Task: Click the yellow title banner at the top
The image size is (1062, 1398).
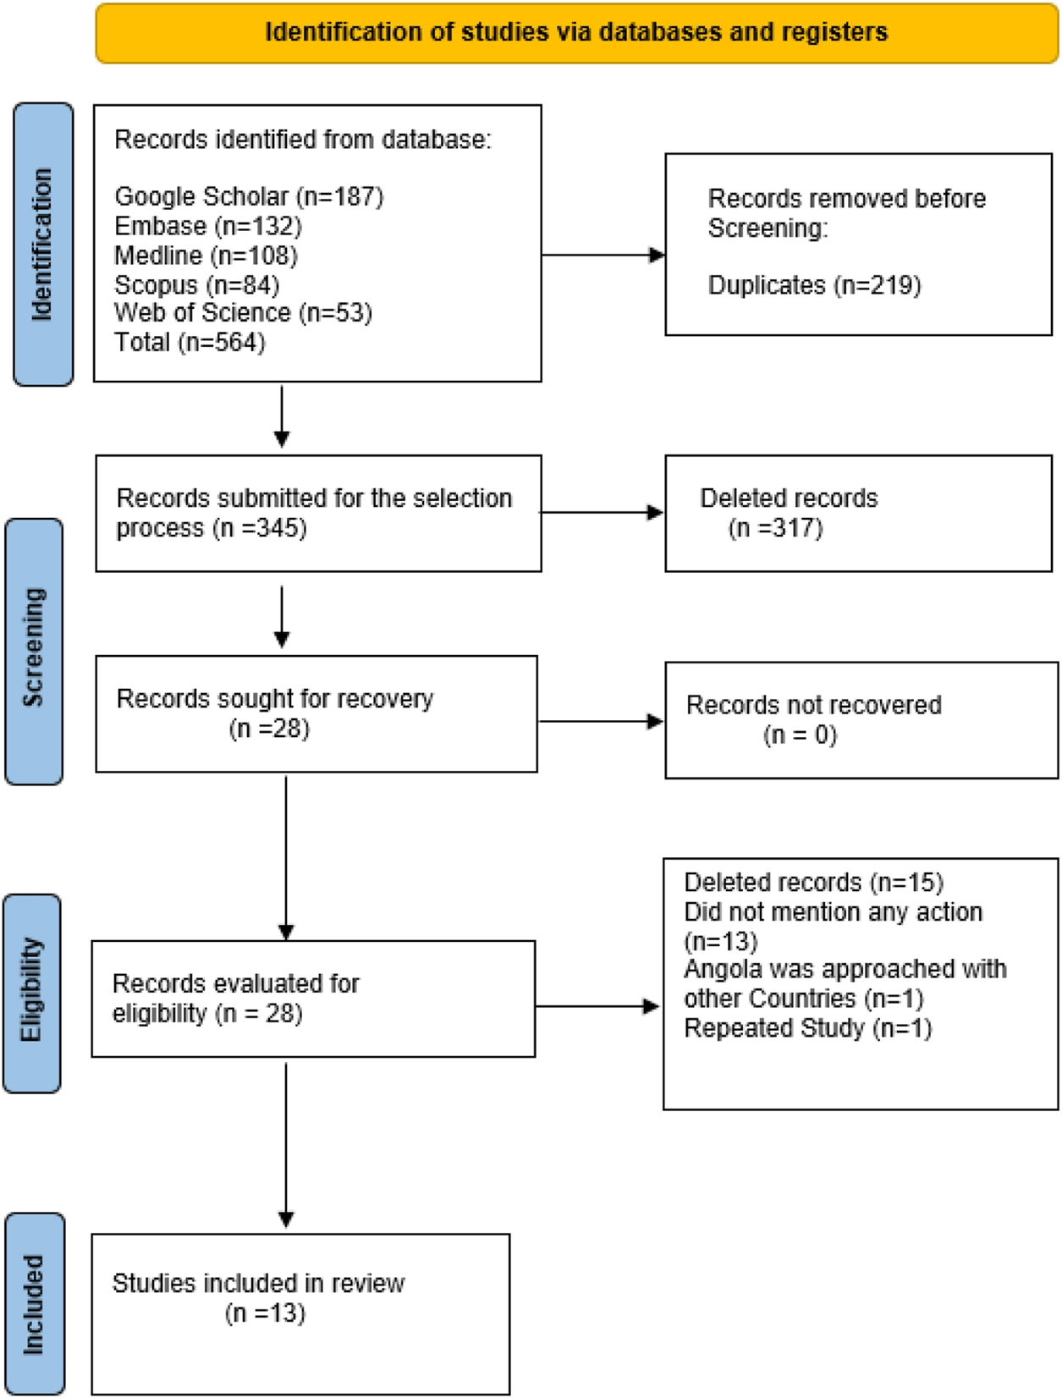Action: click(x=577, y=33)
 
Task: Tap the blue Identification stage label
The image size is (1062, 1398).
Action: click(x=43, y=245)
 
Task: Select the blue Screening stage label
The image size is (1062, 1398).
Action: click(x=35, y=651)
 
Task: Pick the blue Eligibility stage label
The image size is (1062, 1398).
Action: click(x=32, y=993)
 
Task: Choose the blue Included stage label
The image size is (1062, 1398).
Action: click(x=35, y=1304)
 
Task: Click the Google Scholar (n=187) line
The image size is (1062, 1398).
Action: click(x=249, y=197)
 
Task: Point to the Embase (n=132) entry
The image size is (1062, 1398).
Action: click(x=208, y=226)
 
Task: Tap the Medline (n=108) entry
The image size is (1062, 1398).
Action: click(x=206, y=256)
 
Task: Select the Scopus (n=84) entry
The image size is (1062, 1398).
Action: click(x=196, y=284)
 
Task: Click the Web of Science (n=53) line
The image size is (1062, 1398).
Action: click(x=243, y=313)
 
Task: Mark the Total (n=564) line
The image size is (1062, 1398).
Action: click(x=190, y=342)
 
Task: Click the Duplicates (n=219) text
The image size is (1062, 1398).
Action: click(x=814, y=284)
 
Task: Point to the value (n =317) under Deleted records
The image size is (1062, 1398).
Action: click(x=775, y=527)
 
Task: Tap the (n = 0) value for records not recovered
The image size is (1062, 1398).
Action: click(x=800, y=735)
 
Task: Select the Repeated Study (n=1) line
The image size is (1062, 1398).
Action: click(x=808, y=1027)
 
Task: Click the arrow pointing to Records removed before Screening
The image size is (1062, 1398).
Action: click(x=603, y=255)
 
